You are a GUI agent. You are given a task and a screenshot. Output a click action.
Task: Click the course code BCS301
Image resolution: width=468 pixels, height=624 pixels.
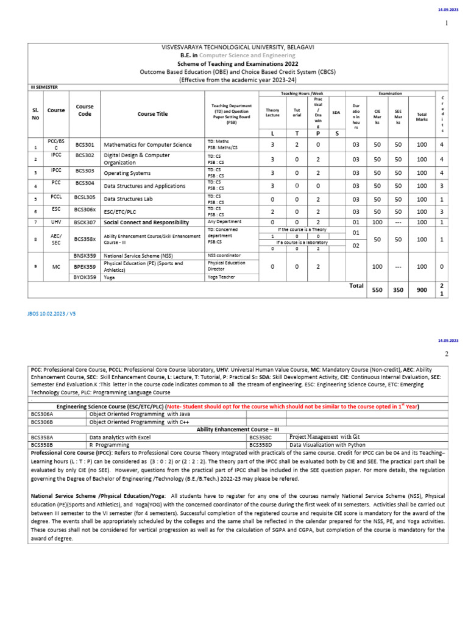click(85, 145)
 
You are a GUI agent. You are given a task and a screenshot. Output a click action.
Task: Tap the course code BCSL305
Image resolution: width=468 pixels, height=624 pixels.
click(85, 199)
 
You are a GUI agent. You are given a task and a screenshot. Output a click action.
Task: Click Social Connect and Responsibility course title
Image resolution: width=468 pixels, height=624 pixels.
click(147, 222)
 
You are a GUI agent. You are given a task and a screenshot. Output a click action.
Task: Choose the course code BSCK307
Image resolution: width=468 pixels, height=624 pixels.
click(85, 222)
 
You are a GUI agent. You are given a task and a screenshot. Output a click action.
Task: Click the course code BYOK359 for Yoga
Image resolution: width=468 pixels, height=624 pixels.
click(85, 277)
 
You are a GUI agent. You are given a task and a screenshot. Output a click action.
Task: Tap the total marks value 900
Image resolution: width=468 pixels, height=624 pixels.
click(422, 290)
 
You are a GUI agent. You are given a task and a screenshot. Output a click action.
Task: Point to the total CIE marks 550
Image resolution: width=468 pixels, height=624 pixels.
click(377, 290)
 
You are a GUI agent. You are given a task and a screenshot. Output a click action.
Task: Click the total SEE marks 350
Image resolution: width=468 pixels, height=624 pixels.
click(398, 290)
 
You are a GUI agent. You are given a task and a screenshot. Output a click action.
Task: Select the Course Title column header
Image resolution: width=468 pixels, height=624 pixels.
click(152, 113)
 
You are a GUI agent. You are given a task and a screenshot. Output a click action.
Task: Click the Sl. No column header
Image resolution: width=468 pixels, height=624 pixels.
click(35, 113)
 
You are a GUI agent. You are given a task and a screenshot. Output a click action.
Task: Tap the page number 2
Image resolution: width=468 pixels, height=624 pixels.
click(446, 354)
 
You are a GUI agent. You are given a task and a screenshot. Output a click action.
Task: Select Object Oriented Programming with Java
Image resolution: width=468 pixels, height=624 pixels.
click(140, 413)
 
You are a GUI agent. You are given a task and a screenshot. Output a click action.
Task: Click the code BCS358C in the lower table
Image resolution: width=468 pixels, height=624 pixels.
click(261, 437)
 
